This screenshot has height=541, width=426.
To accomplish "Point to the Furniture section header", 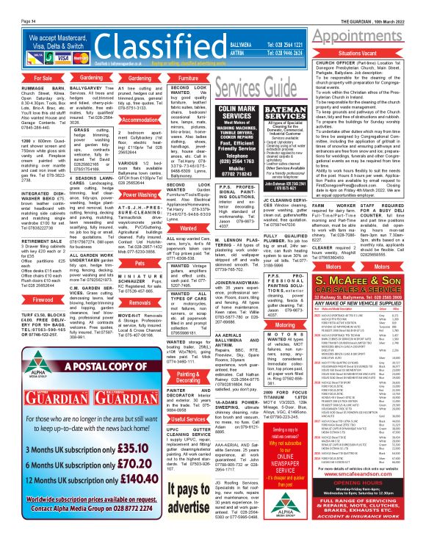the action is (189, 76).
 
